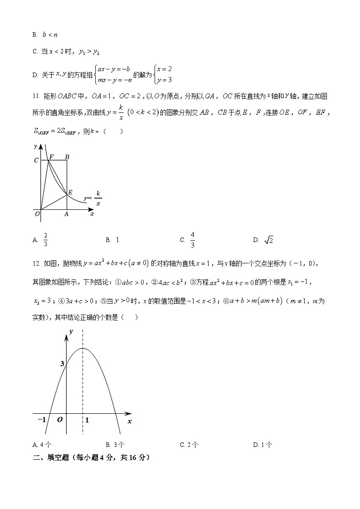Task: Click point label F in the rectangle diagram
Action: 51,157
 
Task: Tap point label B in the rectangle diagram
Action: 67,157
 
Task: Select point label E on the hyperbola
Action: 70,193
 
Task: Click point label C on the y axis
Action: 36,160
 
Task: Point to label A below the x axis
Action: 66,214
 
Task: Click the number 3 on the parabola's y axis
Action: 62,364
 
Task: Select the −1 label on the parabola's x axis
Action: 42,420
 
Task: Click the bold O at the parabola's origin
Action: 60,420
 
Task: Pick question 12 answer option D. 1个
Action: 263,445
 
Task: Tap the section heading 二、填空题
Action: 50,458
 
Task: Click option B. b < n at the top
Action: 45,34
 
